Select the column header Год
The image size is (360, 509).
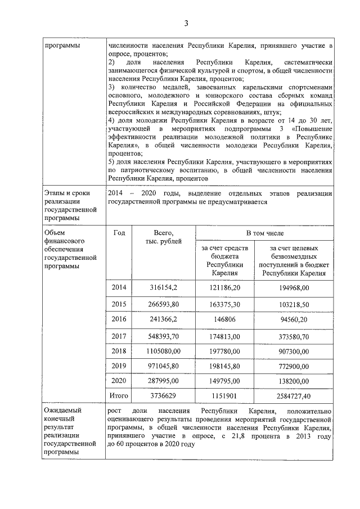click(x=119, y=232)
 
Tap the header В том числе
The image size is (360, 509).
click(x=265, y=232)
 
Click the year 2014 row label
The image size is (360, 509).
click(x=119, y=287)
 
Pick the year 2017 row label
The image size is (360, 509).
click(x=119, y=336)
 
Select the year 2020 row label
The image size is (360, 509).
click(x=119, y=380)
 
